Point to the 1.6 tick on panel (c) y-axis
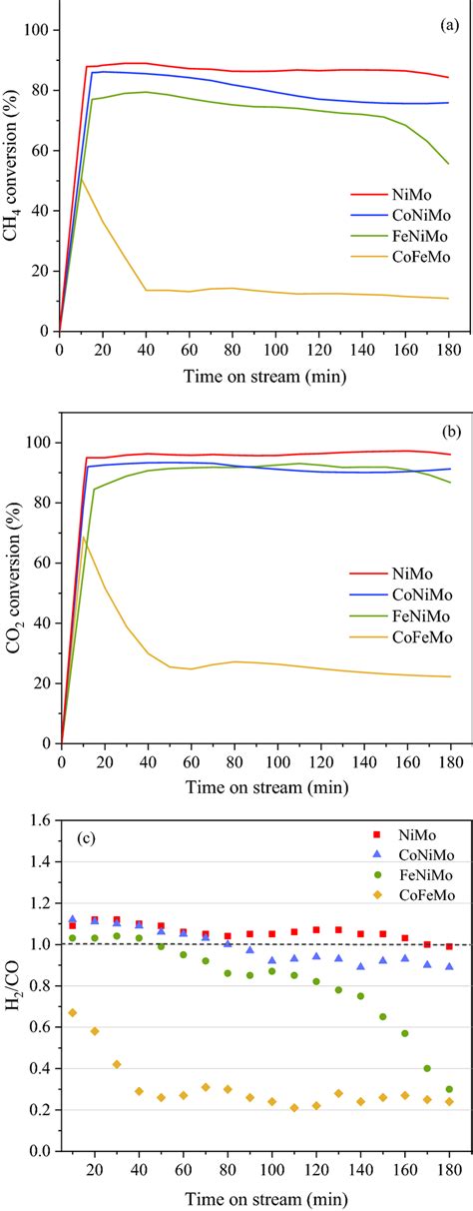click(x=39, y=820)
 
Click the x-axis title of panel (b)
click(x=254, y=788)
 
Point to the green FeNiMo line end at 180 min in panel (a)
click(x=448, y=164)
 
